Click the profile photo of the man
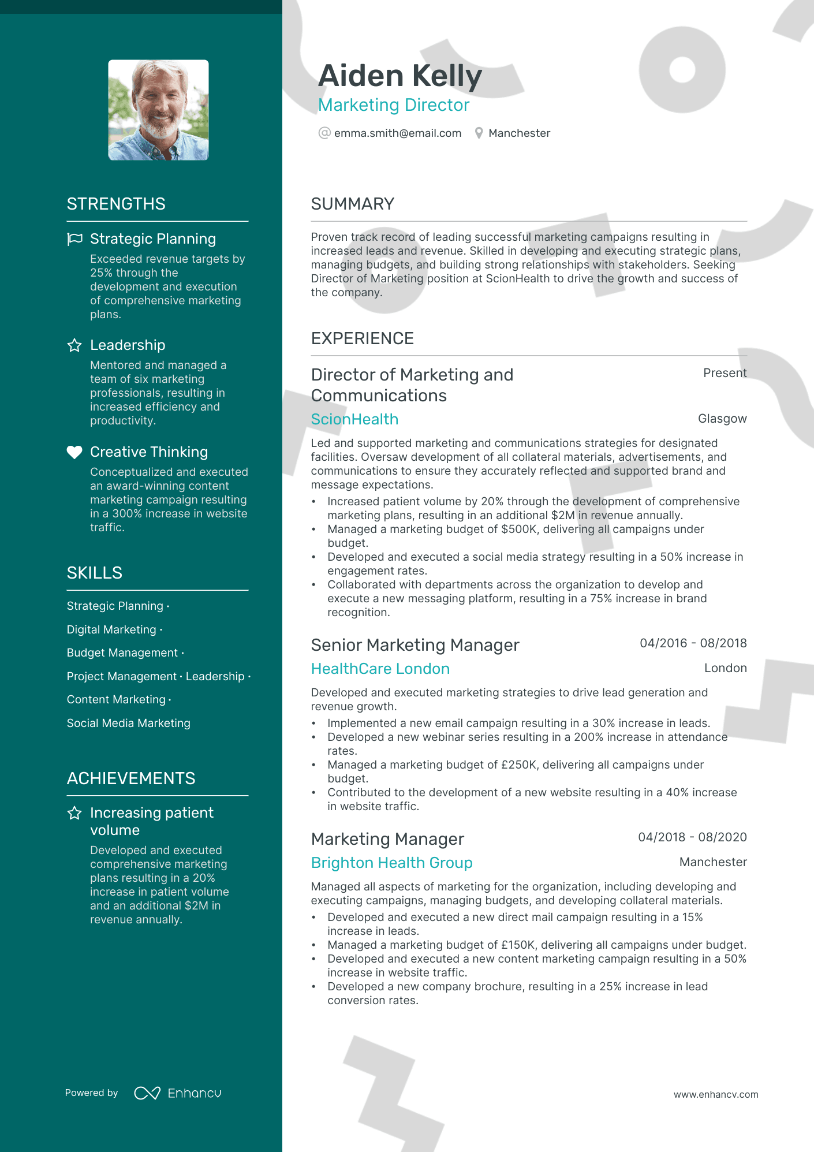[x=158, y=110]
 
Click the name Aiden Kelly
[x=400, y=76]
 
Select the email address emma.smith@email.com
[x=398, y=133]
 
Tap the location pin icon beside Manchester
[x=479, y=133]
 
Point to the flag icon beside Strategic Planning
[x=74, y=239]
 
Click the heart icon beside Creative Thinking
[x=74, y=452]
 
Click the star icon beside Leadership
[x=74, y=345]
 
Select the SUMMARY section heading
[x=352, y=204]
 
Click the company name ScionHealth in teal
[x=354, y=419]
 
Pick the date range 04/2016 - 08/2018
[x=693, y=643]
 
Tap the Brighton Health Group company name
[x=391, y=863]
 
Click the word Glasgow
[x=722, y=419]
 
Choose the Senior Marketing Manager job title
[x=415, y=645]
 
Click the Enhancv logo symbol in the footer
[x=147, y=1093]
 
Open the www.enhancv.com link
[x=715, y=1094]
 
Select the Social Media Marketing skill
[x=128, y=723]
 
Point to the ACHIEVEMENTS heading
[x=131, y=778]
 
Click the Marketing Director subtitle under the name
[x=394, y=105]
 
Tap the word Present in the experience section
[x=725, y=373]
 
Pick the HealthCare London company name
[x=380, y=669]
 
